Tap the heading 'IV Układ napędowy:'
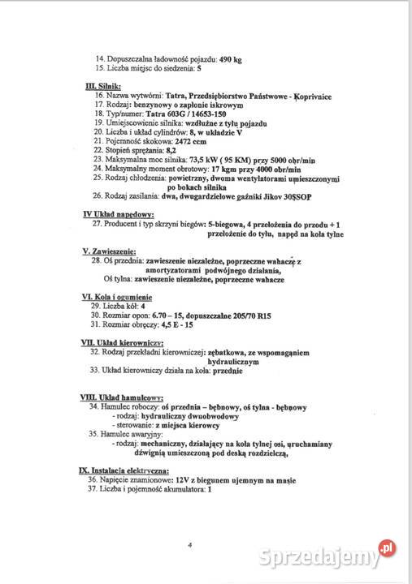(119, 213)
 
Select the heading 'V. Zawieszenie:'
(110, 251)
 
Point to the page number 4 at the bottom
(189, 546)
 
